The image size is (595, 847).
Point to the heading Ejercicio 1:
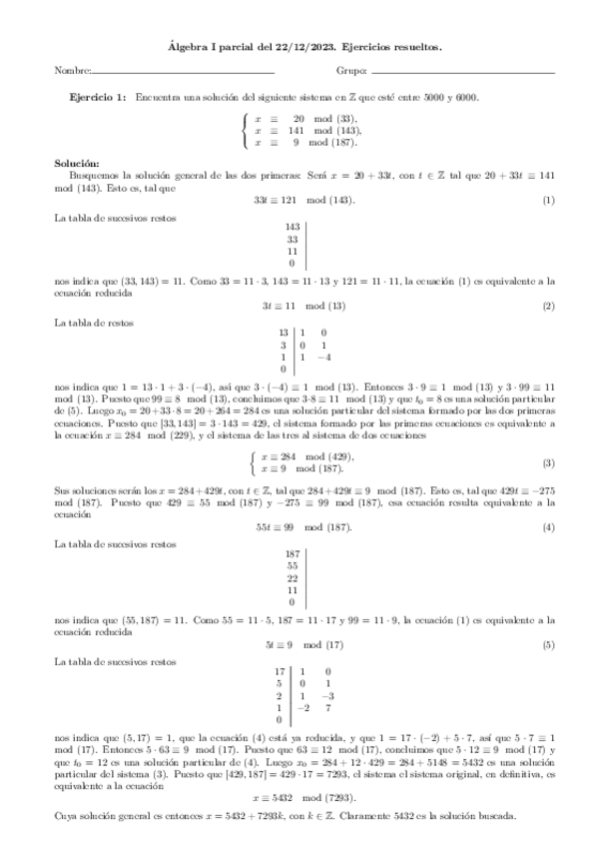(x=98, y=97)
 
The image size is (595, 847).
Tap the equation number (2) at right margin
(x=548, y=306)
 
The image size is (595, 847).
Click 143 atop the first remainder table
(x=293, y=227)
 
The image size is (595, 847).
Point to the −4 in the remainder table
(x=323, y=357)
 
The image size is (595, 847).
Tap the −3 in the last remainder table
(x=326, y=695)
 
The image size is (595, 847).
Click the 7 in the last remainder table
(x=326, y=707)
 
